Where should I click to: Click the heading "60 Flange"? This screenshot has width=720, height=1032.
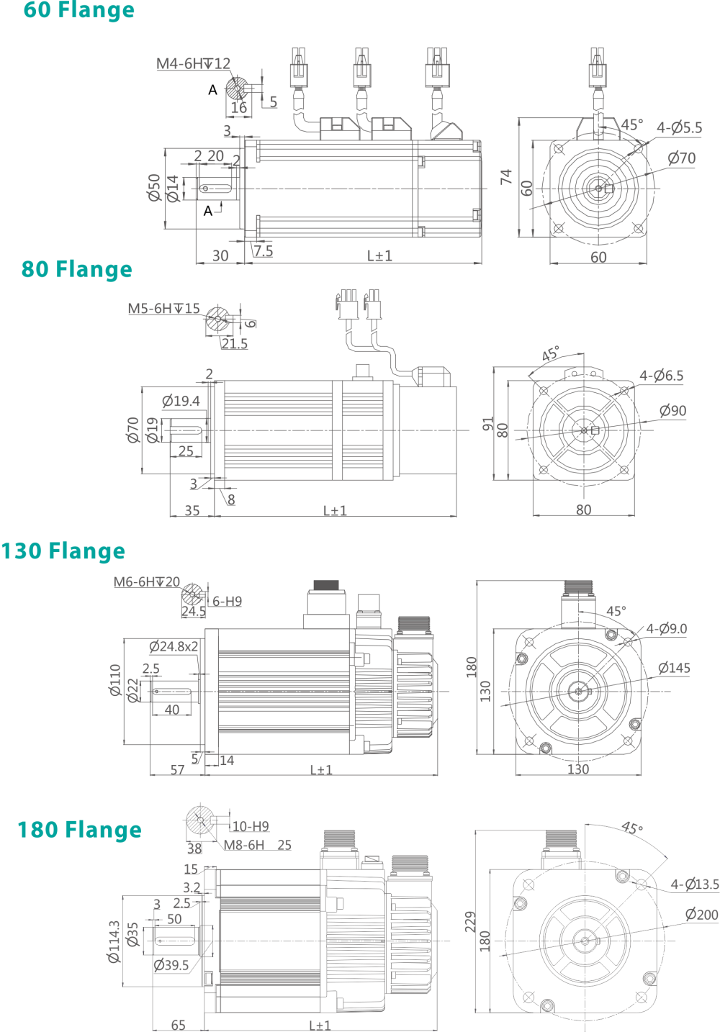pyautogui.click(x=78, y=11)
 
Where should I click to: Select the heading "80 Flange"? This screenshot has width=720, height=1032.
pyautogui.click(x=76, y=269)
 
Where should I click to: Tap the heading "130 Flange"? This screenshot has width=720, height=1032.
pyautogui.click(x=63, y=551)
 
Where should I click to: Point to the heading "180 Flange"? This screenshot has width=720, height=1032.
pyautogui.click(x=79, y=830)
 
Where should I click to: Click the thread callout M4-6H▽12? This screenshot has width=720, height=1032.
pyautogui.click(x=193, y=64)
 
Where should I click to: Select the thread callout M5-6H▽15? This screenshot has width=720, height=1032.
pyautogui.click(x=164, y=309)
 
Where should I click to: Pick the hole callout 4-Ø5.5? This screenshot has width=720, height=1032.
pyautogui.click(x=679, y=128)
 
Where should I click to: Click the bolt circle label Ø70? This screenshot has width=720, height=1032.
pyautogui.click(x=681, y=158)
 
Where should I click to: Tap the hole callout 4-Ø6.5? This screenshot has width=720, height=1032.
pyautogui.click(x=661, y=376)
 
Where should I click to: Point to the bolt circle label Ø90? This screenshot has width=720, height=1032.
pyautogui.click(x=672, y=411)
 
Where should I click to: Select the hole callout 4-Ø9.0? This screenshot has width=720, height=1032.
pyautogui.click(x=666, y=629)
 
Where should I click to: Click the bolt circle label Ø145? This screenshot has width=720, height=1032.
pyautogui.click(x=674, y=668)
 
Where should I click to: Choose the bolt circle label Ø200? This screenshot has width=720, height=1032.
pyautogui.click(x=701, y=915)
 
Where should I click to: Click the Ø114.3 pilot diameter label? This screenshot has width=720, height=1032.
pyautogui.click(x=114, y=941)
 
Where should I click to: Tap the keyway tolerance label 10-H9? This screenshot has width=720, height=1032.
pyautogui.click(x=250, y=826)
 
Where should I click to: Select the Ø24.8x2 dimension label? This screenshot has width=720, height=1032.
pyautogui.click(x=174, y=646)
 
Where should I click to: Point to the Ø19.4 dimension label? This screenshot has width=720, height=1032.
pyautogui.click(x=181, y=401)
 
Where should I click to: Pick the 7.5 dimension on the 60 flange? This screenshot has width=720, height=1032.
pyautogui.click(x=263, y=250)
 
